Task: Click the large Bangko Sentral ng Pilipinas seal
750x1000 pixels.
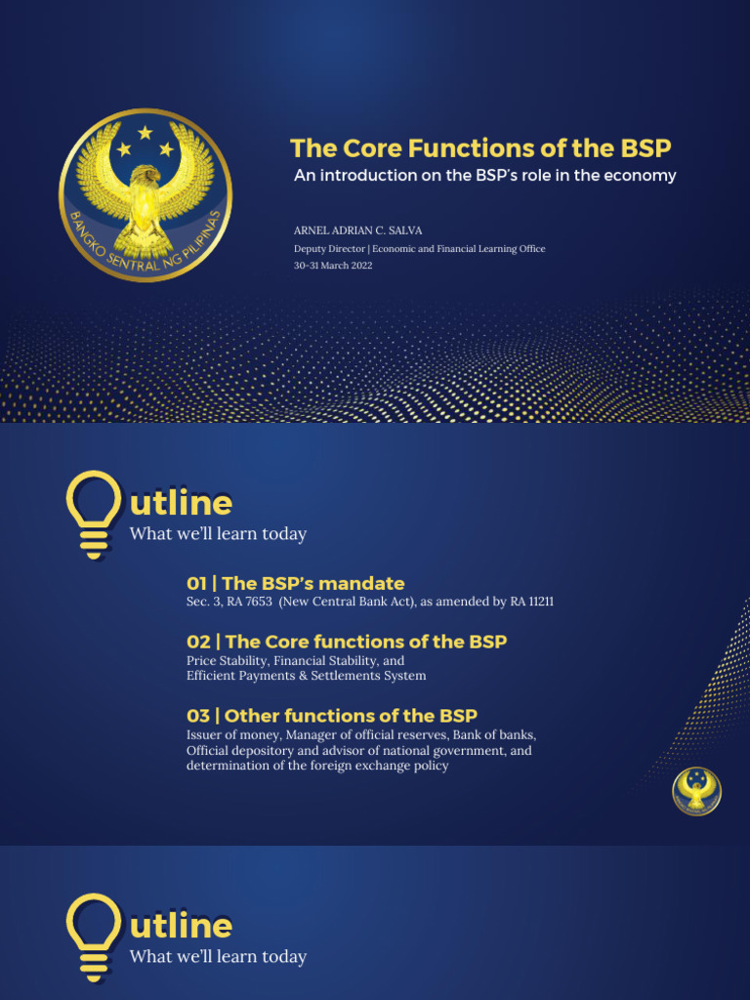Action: (146, 194)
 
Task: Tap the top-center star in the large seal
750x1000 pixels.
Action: (146, 132)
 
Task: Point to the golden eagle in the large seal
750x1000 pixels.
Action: (146, 200)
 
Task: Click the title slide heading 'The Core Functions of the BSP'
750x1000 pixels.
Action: (480, 148)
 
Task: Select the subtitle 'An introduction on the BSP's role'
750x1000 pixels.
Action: (485, 176)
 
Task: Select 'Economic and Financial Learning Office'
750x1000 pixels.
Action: (461, 249)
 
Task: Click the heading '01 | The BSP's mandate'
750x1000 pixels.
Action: (295, 584)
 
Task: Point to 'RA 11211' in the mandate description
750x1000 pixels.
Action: (531, 602)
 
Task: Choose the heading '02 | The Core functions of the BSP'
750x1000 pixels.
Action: (347, 642)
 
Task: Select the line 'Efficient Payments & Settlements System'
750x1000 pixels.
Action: (307, 676)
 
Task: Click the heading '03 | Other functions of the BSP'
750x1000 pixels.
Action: (332, 716)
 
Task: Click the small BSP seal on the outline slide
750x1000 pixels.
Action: (696, 790)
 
